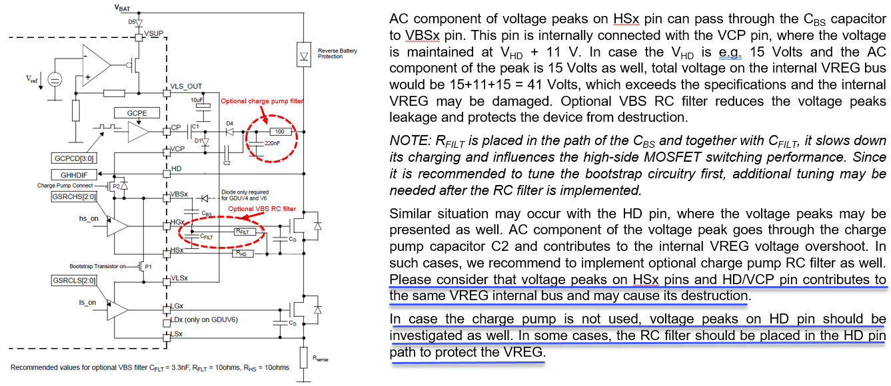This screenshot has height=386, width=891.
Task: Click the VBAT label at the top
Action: tap(122, 7)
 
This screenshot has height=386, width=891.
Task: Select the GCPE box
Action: tap(137, 113)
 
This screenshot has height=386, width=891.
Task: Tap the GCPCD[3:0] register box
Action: tap(74, 158)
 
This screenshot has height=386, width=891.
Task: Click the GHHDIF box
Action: tap(74, 175)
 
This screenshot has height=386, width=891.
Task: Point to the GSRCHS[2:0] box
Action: tap(74, 196)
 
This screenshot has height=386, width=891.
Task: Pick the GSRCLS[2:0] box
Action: tap(74, 280)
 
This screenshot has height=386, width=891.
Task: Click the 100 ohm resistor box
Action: tap(280, 132)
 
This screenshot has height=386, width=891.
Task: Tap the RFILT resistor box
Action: tap(244, 231)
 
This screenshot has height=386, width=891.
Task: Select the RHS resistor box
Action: tap(243, 254)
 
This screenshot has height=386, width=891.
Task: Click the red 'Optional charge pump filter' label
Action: tap(262, 101)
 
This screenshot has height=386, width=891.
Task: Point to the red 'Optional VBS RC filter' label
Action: tap(262, 209)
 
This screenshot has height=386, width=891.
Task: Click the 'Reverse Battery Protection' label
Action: tap(337, 54)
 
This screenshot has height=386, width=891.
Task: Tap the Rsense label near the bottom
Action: tap(320, 359)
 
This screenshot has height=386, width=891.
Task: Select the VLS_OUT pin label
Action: tap(186, 86)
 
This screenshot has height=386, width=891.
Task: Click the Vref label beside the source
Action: tap(32, 79)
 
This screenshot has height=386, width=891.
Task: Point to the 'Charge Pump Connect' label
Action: tap(65, 186)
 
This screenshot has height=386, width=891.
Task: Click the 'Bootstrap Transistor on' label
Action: tap(97, 266)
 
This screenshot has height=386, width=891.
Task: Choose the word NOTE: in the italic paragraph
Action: tap(410, 140)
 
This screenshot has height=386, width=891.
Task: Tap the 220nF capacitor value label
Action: tap(272, 143)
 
